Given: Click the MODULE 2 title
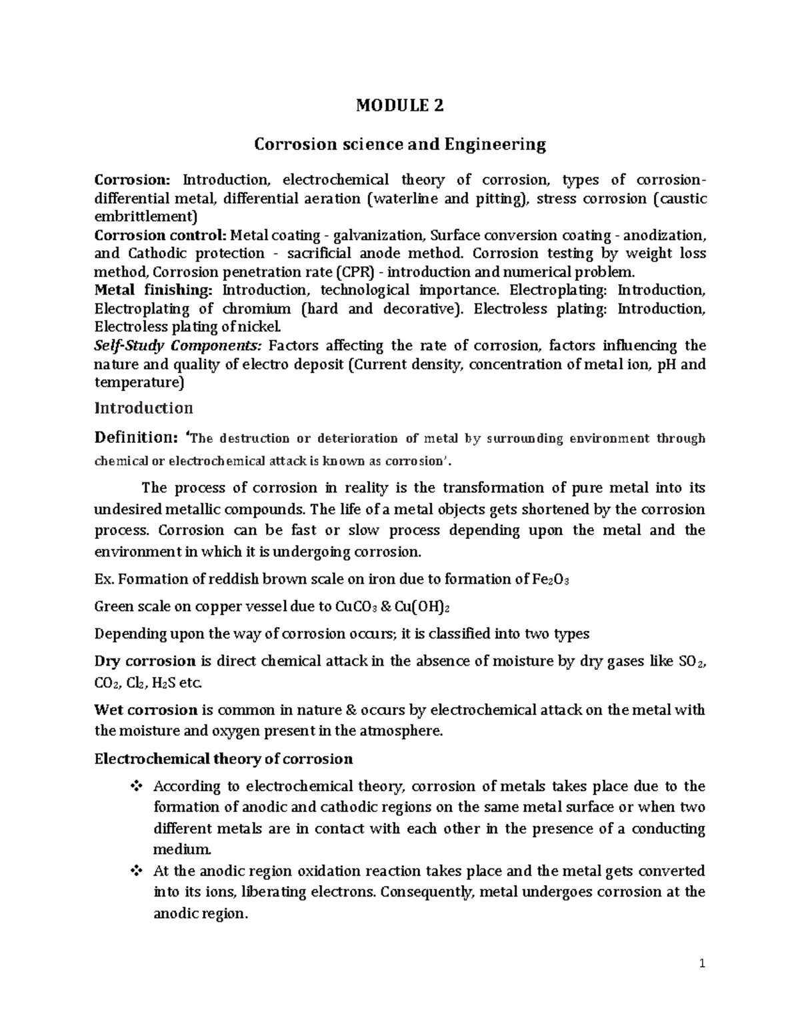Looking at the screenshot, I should point(400,105).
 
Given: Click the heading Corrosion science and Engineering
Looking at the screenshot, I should point(400,144).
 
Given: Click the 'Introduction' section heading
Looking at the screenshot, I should point(143,408).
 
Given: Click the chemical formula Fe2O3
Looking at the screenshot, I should point(552,580).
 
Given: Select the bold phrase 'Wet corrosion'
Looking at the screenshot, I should point(146,710).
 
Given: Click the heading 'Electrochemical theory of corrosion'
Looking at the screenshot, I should point(223,759).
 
